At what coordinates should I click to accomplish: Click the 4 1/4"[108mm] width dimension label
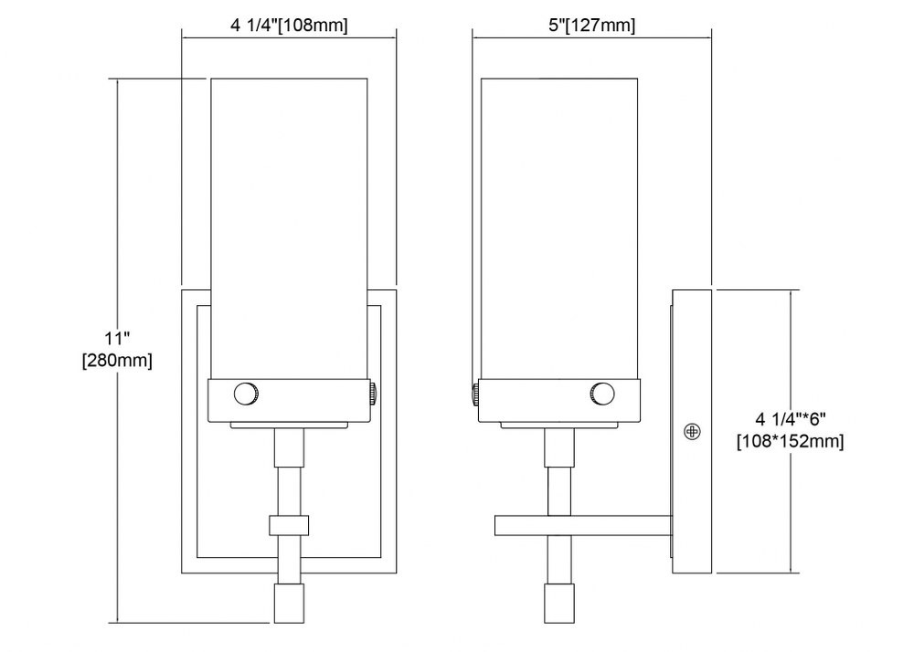(x=289, y=25)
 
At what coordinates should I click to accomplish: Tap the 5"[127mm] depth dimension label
(x=591, y=25)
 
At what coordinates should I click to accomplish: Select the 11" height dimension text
(x=117, y=338)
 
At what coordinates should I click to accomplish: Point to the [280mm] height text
(x=117, y=361)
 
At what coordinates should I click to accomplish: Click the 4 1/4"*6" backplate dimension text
(x=791, y=418)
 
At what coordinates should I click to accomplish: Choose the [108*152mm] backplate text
(x=791, y=441)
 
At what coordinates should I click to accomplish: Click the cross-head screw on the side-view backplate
(x=692, y=431)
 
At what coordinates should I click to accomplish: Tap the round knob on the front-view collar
(x=246, y=394)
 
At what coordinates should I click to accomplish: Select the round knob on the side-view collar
(x=601, y=394)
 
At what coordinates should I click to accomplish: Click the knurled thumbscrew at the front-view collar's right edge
(x=372, y=394)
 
